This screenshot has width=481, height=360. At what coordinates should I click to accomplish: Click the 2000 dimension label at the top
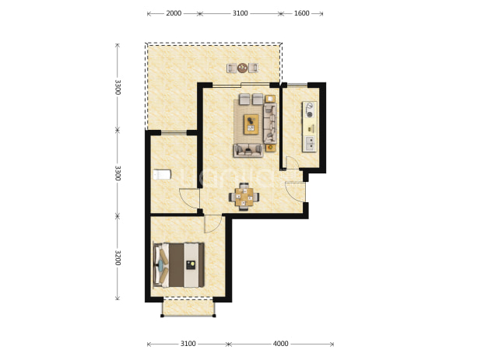pos(174,13)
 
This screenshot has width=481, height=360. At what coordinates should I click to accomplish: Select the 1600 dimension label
pos(301,13)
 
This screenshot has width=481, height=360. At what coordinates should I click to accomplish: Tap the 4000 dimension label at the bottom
pos(281,344)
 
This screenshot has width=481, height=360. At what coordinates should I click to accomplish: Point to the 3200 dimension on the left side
pos(118,257)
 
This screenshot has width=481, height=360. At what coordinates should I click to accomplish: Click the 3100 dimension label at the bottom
pos(188,344)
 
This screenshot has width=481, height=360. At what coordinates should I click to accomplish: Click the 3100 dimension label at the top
pos(240,13)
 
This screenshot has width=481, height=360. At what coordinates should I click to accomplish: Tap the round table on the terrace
pos(242,68)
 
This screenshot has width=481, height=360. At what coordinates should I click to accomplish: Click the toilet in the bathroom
pos(162,175)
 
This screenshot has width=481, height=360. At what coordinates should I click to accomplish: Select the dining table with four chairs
pos(244,197)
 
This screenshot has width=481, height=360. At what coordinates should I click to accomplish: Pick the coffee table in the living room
pos(251,124)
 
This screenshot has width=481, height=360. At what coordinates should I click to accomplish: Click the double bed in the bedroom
pos(179,265)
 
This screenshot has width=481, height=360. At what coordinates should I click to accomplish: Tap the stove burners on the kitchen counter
pos(310,110)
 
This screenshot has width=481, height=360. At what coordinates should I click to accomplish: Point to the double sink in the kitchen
pos(310,144)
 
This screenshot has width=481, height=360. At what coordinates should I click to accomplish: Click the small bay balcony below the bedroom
pos(188,307)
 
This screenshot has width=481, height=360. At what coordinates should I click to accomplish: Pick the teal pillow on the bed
pos(160,266)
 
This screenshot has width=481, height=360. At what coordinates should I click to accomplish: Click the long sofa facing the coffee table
pos(270,123)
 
